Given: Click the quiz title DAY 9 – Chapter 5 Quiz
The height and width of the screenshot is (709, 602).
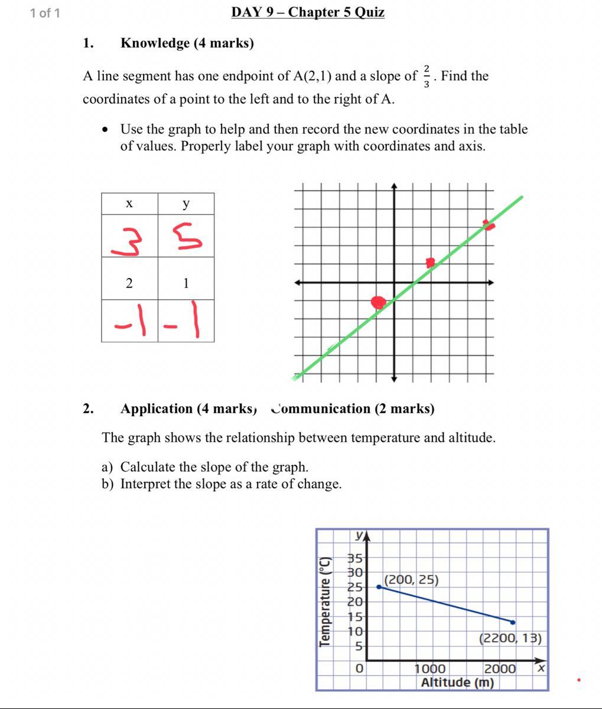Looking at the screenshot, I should click(308, 12).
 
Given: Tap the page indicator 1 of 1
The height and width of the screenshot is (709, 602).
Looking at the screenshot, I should click(45, 13).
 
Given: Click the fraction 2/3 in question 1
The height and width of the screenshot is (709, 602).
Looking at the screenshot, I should click(426, 77).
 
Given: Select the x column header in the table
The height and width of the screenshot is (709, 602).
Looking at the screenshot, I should click(129, 204).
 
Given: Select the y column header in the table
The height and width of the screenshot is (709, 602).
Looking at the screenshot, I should click(186, 204).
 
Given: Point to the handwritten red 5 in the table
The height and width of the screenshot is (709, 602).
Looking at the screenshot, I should click(187, 236).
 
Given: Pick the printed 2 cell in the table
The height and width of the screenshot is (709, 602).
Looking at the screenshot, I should click(129, 283).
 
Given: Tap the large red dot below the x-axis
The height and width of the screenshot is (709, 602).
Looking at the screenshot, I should click(378, 302).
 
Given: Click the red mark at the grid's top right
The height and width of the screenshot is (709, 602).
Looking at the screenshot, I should click(488, 224).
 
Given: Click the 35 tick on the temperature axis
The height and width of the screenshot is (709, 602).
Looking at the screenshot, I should click(354, 558).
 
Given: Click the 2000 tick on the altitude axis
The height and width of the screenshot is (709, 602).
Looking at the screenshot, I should click(500, 669).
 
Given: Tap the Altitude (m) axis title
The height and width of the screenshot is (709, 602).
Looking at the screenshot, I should click(457, 682).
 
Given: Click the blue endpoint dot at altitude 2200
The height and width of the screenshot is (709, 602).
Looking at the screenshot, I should click(512, 622).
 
